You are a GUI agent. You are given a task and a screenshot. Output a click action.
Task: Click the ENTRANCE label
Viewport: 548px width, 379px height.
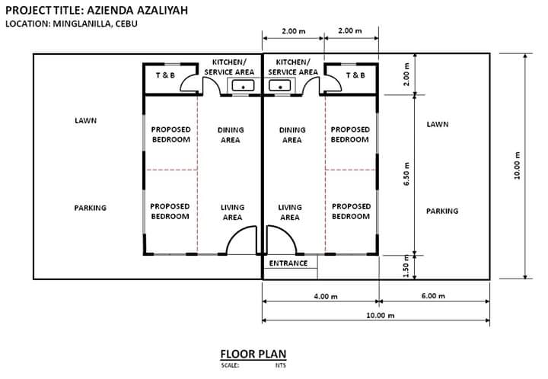coord(288,263)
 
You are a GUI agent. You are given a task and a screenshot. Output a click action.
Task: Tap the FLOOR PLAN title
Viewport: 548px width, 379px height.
coord(253,354)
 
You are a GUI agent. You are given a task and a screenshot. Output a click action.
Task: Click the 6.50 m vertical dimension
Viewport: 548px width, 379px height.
coord(406,174)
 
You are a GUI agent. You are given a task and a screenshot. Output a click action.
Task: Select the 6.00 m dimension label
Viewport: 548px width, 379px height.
coord(433,296)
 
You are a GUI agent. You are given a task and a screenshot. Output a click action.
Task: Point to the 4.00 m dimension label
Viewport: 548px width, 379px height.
coord(326,296)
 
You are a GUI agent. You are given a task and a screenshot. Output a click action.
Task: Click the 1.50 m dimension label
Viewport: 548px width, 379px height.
coord(406,266)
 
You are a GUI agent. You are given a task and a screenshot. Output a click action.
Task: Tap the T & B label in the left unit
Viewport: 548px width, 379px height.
coord(165,75)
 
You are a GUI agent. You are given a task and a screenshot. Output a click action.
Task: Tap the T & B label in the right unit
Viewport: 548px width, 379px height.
coord(355,75)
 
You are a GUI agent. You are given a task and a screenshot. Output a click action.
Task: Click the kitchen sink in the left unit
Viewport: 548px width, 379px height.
coord(244,85)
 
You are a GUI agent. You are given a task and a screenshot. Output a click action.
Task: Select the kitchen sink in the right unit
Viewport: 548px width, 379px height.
coord(279,85)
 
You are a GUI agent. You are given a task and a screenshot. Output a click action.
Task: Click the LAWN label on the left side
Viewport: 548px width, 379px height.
coord(85,120)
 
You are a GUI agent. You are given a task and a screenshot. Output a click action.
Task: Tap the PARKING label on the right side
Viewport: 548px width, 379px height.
coord(442,211)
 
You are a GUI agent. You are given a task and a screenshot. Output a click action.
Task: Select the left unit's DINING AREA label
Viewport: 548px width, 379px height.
coord(231,135)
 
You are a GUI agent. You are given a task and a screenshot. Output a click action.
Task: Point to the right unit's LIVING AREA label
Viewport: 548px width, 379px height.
coord(290,212)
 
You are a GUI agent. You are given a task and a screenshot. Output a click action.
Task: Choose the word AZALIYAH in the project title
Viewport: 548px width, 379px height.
coord(162,10)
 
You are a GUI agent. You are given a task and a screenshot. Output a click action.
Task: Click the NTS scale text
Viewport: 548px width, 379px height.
coord(281,365)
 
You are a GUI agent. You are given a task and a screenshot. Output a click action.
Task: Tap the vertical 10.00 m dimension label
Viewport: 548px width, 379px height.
coord(517,166)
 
